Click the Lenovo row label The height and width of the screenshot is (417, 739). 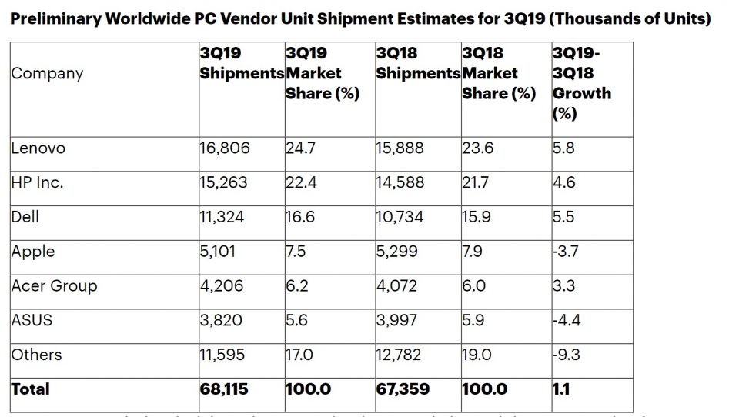[x=38, y=148]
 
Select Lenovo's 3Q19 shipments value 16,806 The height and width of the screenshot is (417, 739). [x=225, y=148]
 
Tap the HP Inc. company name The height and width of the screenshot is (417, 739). [x=37, y=182]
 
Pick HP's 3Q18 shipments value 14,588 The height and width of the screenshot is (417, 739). [x=400, y=182]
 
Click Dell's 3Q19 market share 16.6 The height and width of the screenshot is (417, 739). [x=300, y=217]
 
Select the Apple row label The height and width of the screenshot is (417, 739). [x=33, y=252]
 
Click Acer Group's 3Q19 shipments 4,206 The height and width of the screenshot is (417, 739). [x=222, y=285]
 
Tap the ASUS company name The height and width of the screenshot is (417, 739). [x=32, y=320]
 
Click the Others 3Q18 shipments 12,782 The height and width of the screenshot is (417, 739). [x=400, y=355]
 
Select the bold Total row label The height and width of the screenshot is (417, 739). [x=30, y=389]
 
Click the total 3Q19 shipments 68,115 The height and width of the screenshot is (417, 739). [x=224, y=389]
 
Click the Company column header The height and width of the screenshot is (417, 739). [x=47, y=74]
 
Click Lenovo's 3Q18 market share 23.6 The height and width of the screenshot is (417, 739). [x=477, y=148]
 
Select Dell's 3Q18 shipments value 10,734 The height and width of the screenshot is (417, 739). [x=400, y=217]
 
